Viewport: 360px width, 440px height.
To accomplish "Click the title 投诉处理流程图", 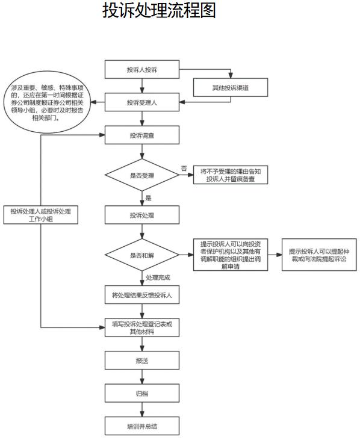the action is coord(159,11).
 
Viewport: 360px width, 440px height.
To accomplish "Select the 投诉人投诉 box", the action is coord(142,69).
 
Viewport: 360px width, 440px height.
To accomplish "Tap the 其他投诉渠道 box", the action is coord(231,87).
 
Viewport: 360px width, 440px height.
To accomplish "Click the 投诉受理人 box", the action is coord(142,102).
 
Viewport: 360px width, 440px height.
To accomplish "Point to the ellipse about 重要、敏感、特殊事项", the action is coord(47,102).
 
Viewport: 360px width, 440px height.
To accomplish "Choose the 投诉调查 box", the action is coord(142,135).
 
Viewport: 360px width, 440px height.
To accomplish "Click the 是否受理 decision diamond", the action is coord(142,175).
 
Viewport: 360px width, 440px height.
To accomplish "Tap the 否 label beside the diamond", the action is coord(184,169).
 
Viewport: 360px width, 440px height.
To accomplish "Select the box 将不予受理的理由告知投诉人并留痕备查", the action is coord(231,175).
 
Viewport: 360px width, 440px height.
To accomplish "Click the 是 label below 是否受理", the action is coord(148,198).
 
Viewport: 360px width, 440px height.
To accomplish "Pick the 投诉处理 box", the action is coord(142,215).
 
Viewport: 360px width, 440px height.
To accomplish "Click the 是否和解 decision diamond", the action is coord(142,255).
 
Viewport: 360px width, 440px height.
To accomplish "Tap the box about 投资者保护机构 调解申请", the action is coord(231,255).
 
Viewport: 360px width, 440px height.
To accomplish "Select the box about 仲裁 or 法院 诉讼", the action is coord(319,255).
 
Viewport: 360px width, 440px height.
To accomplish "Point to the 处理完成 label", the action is coord(158,277).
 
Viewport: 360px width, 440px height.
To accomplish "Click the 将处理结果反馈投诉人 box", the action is coord(142,295).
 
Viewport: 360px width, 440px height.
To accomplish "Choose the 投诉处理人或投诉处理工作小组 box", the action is coord(41,215).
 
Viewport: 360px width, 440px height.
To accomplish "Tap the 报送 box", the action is coord(142,361).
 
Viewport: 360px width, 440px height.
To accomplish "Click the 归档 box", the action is coord(142,393).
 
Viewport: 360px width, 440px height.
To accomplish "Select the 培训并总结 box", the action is coord(142,426).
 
